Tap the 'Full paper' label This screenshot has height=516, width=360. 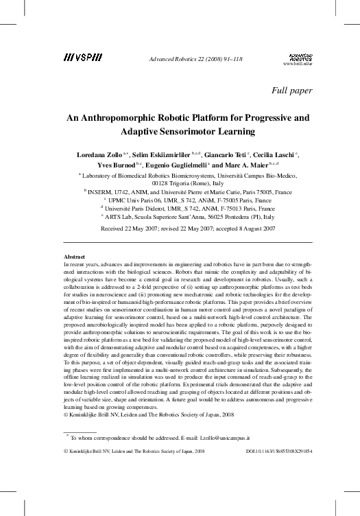coord(292,90)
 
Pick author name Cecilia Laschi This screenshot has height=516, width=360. coord(276,156)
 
